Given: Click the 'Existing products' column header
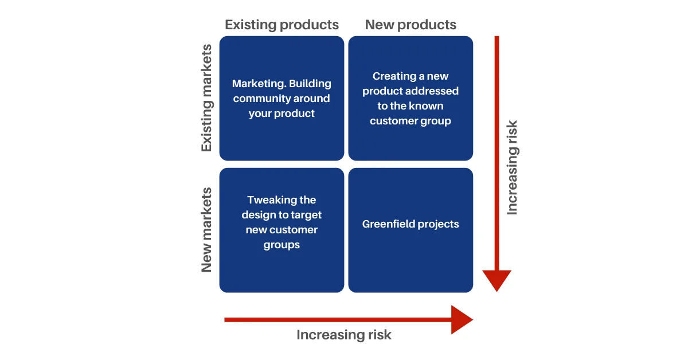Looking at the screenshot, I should [282, 25].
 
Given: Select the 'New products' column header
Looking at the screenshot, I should [411, 25].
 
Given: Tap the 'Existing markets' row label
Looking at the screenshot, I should [207, 98].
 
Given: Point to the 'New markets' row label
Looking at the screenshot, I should [207, 230].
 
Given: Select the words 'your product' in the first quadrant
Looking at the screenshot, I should [282, 114].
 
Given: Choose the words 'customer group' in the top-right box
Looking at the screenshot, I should [411, 121].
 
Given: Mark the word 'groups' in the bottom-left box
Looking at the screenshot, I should [282, 245].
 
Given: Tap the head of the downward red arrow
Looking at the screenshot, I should [497, 280].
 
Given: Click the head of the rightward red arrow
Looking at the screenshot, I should [462, 320].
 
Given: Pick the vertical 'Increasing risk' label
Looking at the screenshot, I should [512, 167].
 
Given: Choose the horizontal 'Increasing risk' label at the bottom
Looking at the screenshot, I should [344, 335].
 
